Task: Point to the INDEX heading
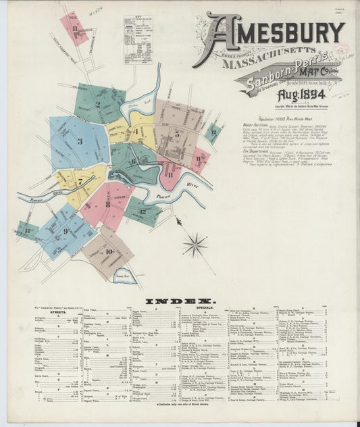tap(180, 301)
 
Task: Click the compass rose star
tap(195, 245)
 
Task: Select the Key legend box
tap(138, 39)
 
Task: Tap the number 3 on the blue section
tap(80, 141)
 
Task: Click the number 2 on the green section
tap(98, 105)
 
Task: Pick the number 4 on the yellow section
tap(136, 131)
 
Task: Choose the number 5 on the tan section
tap(177, 133)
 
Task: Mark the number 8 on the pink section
tap(107, 203)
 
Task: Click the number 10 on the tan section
tap(109, 251)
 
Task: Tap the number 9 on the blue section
tap(66, 231)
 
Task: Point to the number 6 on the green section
tap(133, 161)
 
